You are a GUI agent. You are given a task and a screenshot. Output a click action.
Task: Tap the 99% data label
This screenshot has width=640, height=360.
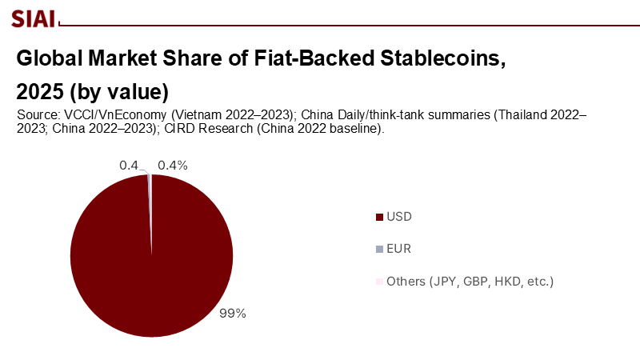pos(232,314)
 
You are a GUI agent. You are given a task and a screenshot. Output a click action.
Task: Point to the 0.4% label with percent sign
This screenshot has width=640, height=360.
pos(172,166)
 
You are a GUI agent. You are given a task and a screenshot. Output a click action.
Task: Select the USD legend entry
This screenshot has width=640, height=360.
pos(398,217)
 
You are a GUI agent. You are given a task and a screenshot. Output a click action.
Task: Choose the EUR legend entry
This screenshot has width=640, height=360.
pos(398,250)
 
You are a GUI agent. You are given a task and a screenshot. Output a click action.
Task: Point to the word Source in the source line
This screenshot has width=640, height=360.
pos(36,115)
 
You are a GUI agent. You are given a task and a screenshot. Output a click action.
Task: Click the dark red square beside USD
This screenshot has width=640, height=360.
pos(378,217)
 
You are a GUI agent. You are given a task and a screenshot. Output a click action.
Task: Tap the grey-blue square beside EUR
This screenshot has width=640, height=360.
pos(378,250)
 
